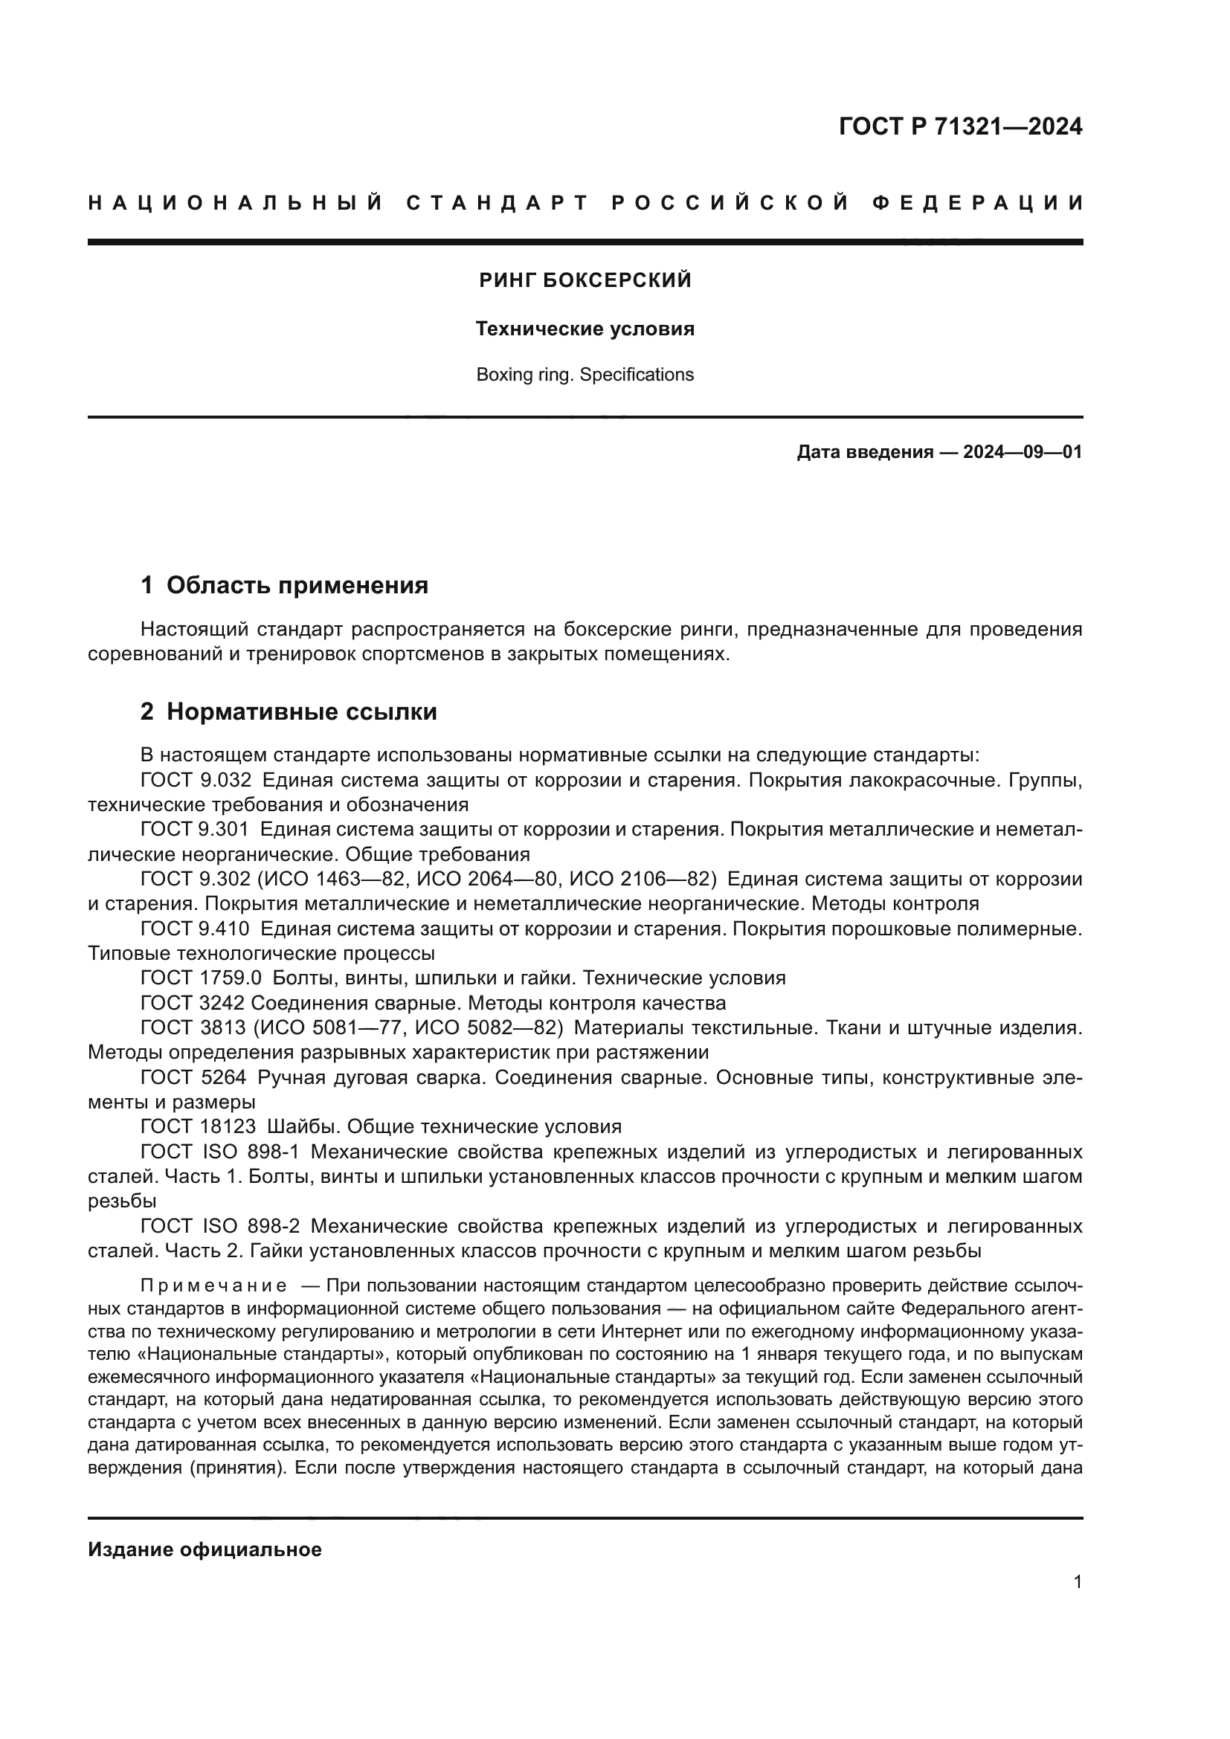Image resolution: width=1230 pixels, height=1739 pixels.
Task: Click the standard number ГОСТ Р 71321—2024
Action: [x=959, y=126]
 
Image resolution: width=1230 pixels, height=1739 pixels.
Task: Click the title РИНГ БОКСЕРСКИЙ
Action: [x=585, y=281]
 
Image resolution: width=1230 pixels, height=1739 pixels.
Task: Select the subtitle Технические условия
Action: [x=585, y=329]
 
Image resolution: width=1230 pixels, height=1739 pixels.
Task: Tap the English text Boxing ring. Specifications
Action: [x=585, y=375]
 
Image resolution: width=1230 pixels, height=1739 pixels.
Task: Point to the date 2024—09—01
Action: [x=1023, y=453]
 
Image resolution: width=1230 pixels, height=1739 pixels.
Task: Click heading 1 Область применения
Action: [x=285, y=584]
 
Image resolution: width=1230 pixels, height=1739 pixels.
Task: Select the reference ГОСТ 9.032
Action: [x=196, y=779]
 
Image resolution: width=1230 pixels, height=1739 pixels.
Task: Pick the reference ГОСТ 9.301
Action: [x=196, y=830]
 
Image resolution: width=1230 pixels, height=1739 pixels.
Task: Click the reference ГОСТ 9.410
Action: [x=196, y=929]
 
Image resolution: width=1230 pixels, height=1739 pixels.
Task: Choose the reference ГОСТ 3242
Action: [x=193, y=1003]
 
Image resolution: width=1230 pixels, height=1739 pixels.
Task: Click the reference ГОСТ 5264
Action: [x=193, y=1077]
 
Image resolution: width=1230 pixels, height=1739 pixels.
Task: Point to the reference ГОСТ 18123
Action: [x=199, y=1127]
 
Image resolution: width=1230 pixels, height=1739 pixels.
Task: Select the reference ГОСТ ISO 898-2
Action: [x=220, y=1226]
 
